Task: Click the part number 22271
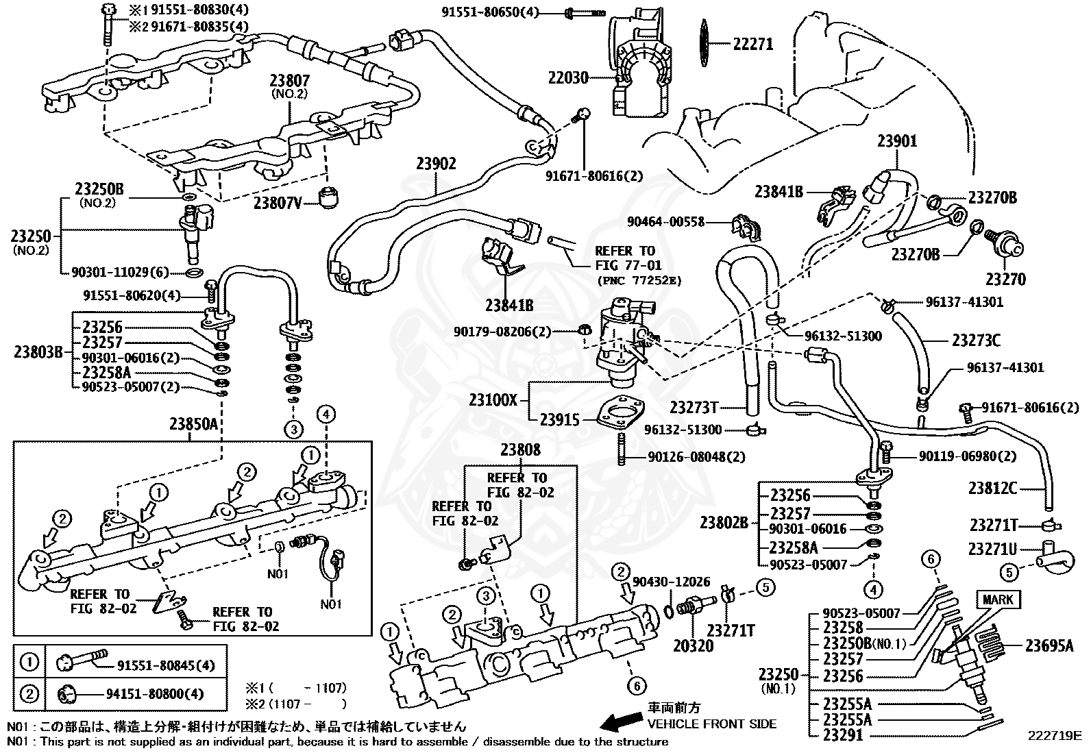pos(753,45)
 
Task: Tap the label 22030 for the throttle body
pos(568,78)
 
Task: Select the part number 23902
pos(436,164)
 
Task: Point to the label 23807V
pos(278,203)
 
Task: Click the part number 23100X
pos(493,400)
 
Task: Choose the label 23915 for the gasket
pos(560,420)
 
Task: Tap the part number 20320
pos(693,646)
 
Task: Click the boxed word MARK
pos(998,600)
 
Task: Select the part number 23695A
pos(1049,646)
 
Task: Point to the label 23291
pos(843,735)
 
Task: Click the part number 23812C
pos(992,488)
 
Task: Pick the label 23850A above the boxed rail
pos(194,424)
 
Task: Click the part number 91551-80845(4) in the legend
pos(166,666)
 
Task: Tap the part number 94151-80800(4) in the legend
pos(155,694)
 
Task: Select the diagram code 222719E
pos(1055,735)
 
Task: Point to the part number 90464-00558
pos(666,222)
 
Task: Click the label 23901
pos(897,141)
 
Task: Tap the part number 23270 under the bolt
pos(1006,280)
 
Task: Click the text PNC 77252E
pos(639,281)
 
